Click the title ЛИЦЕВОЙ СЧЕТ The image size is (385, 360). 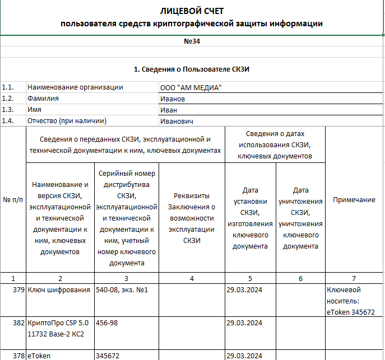[192, 11]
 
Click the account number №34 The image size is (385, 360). [192, 41]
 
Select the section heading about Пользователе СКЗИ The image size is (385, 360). [192, 69]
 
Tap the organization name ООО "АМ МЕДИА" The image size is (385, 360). [191, 87]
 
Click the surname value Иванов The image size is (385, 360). [173, 99]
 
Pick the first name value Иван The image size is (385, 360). [169, 110]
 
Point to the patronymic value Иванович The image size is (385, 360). [177, 121]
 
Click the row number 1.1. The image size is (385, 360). [8, 87]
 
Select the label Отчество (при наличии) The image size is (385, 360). [67, 121]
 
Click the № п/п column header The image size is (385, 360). [13, 200]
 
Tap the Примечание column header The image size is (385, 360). [354, 200]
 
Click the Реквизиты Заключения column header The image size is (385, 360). [192, 218]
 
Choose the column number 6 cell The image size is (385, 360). [300, 278]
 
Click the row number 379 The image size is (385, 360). [18, 290]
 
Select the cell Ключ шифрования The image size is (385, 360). [59, 290]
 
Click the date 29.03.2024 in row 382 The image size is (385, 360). [245, 323]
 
